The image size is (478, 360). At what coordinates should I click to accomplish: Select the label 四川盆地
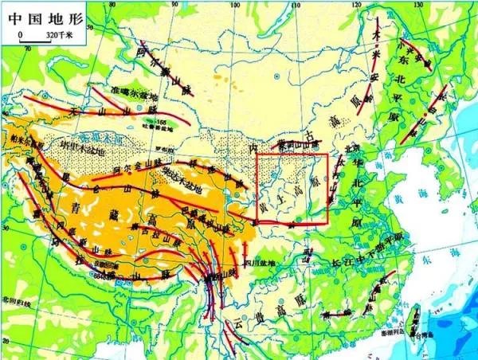tap(258, 264)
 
